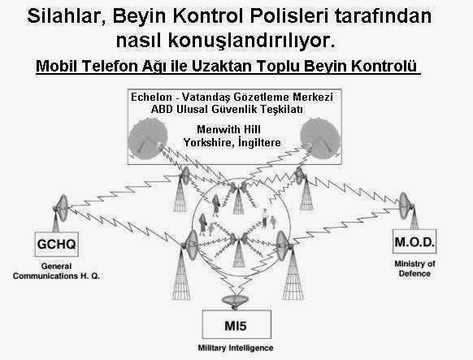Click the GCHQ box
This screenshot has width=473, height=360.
coord(57,245)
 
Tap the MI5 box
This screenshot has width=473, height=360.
coord(236,324)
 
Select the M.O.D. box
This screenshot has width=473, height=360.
coord(414,241)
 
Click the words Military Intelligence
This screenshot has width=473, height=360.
coord(236,348)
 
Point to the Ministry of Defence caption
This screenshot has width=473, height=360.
coord(414,269)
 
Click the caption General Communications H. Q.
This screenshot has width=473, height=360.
coord(56,271)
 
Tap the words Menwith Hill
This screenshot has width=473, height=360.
coord(228,129)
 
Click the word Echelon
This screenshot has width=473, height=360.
coord(151,97)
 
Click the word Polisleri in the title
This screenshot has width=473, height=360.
coord(289,16)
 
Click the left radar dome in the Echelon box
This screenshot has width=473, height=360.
coord(148,138)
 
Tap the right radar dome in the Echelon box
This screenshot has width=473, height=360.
coord(320,138)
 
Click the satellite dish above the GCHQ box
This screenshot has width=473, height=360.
coord(62,208)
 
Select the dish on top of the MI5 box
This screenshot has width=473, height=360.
coord(236,301)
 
